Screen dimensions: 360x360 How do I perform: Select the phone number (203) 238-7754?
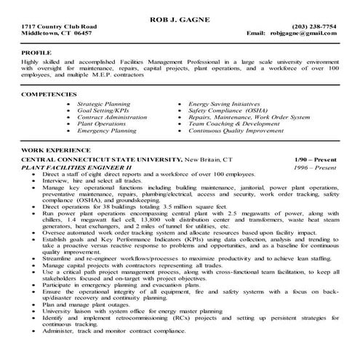(313, 25)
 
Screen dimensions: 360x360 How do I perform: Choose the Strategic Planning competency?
(104, 105)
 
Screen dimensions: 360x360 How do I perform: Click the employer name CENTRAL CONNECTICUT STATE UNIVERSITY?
(101, 159)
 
